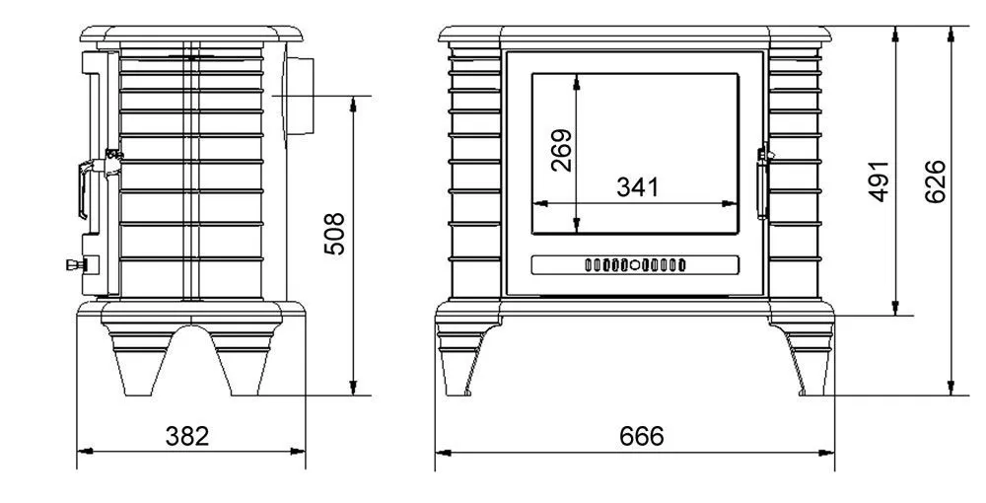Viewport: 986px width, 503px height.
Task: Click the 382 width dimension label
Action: (x=186, y=436)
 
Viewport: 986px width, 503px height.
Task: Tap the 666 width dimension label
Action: (x=642, y=436)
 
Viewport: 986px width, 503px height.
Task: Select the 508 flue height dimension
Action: (x=335, y=234)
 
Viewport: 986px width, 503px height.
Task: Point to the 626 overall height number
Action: (x=936, y=181)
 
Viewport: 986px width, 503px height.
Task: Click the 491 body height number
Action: (x=880, y=181)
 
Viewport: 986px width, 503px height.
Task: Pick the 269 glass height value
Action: (x=562, y=150)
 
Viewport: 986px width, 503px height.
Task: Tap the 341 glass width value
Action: (x=638, y=187)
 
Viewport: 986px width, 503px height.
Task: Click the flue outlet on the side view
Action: (x=300, y=95)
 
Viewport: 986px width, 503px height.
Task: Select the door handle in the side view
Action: (x=93, y=182)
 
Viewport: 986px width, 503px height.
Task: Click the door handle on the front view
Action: (x=763, y=182)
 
